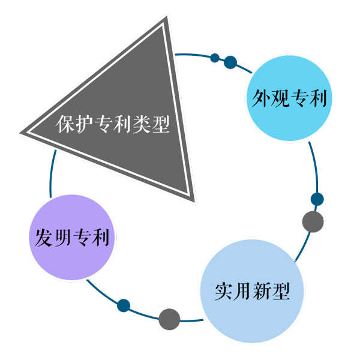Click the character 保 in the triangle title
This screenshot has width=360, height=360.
pos(65,124)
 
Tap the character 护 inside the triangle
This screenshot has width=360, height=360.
pos(85,124)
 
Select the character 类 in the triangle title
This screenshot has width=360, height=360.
pos(142,124)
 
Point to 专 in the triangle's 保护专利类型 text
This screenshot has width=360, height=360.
pos(104,124)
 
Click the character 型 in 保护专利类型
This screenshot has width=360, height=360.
pos(161,124)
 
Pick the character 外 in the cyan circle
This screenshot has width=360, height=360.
pos(258,98)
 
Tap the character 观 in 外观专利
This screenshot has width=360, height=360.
pos(278,98)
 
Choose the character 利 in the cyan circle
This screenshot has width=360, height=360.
pos(318,98)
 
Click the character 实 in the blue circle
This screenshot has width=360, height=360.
pos(223,292)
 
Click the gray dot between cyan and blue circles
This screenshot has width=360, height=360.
pos(312,222)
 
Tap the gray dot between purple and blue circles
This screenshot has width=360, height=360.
pos(169,318)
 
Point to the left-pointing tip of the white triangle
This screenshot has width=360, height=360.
pos(23,131)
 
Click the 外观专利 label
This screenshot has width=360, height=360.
pos(288,98)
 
